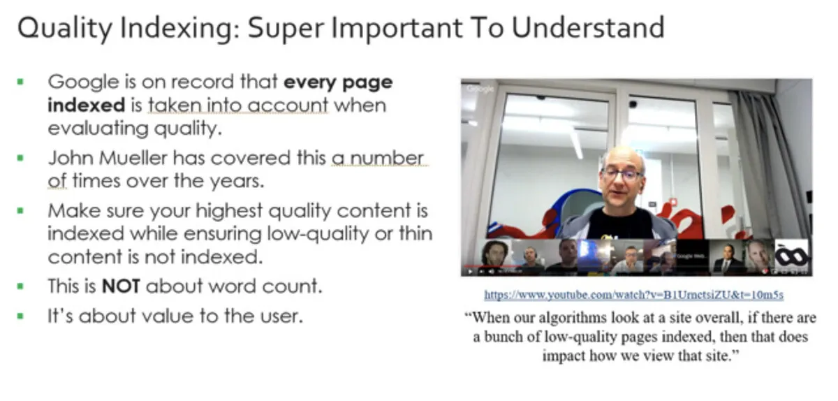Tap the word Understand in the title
[588, 28]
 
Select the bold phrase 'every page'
[338, 82]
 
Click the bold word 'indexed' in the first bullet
[86, 105]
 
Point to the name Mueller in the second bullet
[133, 158]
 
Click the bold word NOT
[121, 286]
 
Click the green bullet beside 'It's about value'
[20, 316]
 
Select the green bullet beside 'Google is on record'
[20, 82]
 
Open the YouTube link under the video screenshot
[634, 295]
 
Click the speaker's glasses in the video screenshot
[622, 174]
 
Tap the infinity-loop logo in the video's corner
[791, 256]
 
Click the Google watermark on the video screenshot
[480, 89]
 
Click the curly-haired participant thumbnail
[495, 254]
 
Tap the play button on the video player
[470, 272]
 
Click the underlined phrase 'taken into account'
[238, 105]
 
